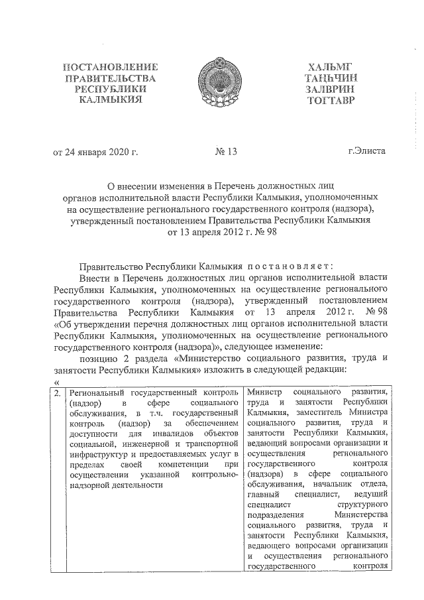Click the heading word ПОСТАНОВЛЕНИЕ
(109, 67)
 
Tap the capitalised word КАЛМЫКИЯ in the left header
(109, 101)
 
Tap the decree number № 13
(226, 152)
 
